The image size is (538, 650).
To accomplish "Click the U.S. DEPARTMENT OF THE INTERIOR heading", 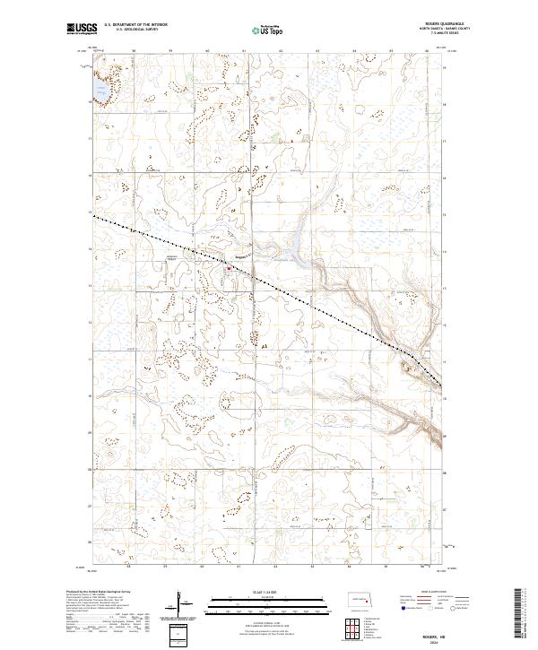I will coord(143,25).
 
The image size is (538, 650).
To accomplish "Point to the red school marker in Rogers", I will coord(229,267).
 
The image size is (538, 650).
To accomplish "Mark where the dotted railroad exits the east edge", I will coord(442,386).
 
